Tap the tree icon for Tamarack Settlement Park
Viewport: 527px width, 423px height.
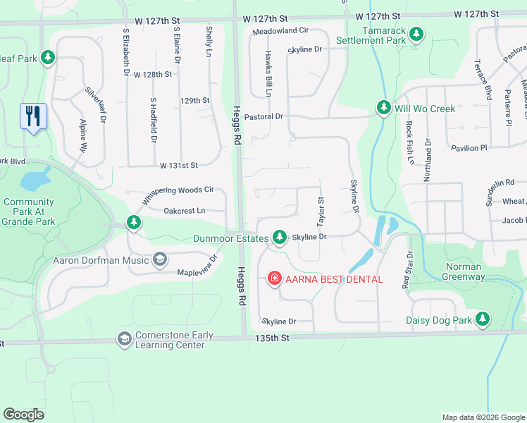[x=416, y=34]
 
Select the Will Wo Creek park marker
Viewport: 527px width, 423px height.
[x=383, y=108]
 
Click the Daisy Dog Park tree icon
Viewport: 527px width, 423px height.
[x=483, y=320]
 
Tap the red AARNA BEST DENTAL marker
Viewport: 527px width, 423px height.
[x=273, y=279]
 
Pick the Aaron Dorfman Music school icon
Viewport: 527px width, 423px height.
[x=159, y=260]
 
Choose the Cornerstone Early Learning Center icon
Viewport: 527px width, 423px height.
[x=125, y=340]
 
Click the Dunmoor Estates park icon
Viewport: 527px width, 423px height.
[x=280, y=238]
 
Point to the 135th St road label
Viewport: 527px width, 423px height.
[x=275, y=338]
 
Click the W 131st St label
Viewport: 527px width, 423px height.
[x=179, y=166]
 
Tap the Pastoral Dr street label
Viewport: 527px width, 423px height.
[x=265, y=116]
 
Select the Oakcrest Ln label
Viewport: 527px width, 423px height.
[x=184, y=210]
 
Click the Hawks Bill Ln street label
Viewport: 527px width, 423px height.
[x=268, y=73]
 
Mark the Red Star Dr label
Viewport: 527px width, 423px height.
[x=406, y=270]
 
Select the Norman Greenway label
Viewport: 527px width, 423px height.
[x=464, y=271]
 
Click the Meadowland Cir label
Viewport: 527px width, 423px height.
[x=280, y=31]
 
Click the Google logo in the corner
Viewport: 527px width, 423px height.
[x=24, y=415]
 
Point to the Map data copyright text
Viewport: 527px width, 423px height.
[x=483, y=417]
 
